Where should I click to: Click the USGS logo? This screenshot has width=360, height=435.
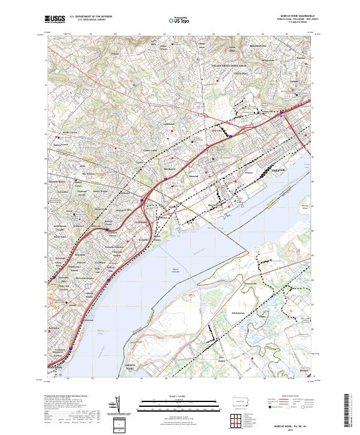point(55,20)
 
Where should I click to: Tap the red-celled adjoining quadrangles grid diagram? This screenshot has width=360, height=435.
point(238,419)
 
